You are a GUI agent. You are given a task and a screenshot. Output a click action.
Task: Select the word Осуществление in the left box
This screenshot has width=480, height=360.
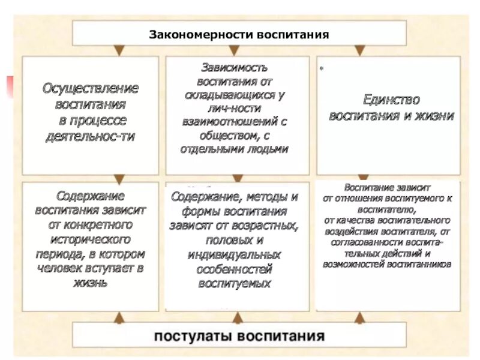[91, 88]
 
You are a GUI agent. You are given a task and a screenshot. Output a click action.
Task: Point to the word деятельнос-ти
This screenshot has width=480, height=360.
[91, 136]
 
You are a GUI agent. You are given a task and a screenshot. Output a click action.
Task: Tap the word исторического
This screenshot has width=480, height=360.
[90, 239]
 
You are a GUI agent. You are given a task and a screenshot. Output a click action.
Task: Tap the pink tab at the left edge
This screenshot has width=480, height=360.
[10, 86]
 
